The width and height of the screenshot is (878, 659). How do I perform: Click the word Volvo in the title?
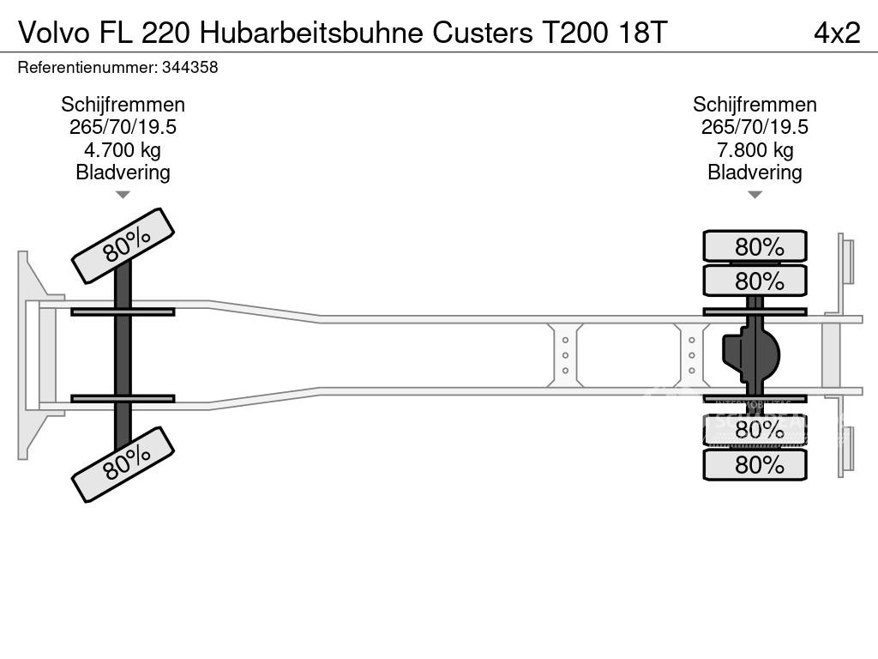click(x=54, y=33)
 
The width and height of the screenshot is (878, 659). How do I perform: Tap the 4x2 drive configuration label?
click(x=837, y=33)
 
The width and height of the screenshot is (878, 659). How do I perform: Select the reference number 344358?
click(x=189, y=67)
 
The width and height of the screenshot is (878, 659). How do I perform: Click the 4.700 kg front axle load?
click(x=123, y=149)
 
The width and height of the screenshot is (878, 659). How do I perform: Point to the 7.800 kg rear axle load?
click(x=755, y=149)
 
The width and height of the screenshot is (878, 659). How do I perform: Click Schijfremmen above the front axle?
click(x=123, y=104)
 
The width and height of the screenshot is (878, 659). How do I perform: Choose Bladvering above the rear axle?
click(x=755, y=172)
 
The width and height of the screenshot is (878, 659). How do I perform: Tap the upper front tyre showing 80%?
click(x=123, y=245)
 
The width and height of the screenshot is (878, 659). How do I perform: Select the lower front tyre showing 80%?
click(x=123, y=464)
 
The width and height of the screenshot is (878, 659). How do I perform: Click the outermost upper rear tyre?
click(x=755, y=246)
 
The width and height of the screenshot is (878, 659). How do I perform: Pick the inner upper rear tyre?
click(x=755, y=281)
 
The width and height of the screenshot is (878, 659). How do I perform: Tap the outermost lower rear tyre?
click(x=755, y=464)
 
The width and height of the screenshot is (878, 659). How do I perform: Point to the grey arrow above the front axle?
click(x=123, y=195)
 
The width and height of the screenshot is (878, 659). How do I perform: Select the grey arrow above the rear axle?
click(x=755, y=195)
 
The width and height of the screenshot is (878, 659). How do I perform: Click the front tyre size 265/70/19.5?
click(x=123, y=127)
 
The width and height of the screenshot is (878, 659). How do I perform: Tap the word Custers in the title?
click(x=483, y=33)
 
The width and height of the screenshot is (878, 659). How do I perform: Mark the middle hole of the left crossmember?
click(x=565, y=355)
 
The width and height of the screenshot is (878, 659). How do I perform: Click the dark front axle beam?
click(x=123, y=355)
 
